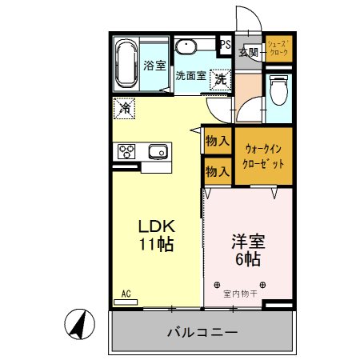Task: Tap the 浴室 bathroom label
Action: click(154, 66)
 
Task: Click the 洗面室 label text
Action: click(190, 77)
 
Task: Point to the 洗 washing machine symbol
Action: click(219, 78)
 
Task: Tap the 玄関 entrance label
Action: click(248, 53)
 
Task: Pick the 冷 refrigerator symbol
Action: click(124, 106)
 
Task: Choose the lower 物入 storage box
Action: click(218, 170)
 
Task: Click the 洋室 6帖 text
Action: click(248, 249)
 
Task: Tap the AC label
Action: click(126, 293)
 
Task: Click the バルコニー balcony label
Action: click(202, 332)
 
